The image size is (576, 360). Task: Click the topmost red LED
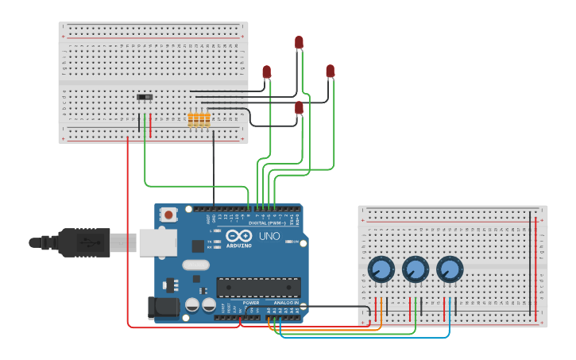coord(299,42)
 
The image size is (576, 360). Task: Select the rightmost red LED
coord(331,72)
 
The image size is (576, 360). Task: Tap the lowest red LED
coord(299,107)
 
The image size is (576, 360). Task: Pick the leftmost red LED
coord(266,72)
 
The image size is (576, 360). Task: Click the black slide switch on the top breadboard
coord(145,97)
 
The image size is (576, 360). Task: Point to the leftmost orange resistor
coord(191,119)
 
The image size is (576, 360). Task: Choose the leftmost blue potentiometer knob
coord(381,269)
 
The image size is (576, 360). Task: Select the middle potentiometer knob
coord(415,269)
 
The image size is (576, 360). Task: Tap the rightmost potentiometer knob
coord(449,269)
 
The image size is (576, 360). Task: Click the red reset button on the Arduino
coord(168,215)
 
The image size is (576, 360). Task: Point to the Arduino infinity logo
coord(238,235)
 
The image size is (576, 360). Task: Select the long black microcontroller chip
coord(258,288)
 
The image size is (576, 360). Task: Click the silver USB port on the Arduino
coord(158,242)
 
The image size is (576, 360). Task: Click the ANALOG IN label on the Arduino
coord(286,303)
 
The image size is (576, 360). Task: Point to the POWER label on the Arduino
coord(251,303)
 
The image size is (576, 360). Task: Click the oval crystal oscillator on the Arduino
coord(195,265)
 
